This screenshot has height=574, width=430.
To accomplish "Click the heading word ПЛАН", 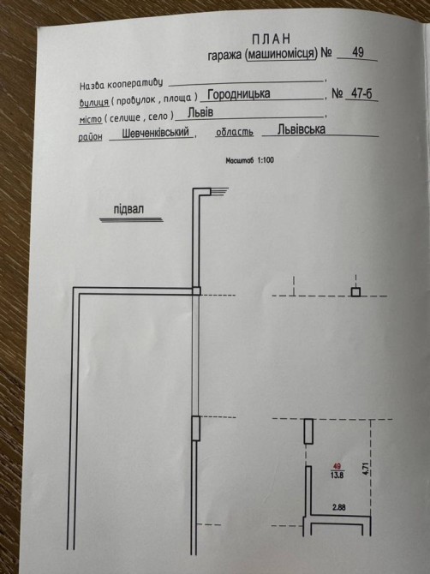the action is point(272,39).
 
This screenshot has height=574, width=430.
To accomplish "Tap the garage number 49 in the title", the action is point(358,52).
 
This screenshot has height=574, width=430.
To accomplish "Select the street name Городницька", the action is point(239,94).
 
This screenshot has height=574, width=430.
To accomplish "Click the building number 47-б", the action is point(361,93).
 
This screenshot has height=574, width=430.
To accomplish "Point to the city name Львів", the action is point(200,112).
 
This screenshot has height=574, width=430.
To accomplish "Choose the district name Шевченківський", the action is point(155,133).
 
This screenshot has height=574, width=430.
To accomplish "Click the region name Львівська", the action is point(302,129).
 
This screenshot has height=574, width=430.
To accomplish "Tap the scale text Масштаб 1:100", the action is point(249,160).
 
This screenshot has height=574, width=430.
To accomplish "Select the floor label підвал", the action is point(128,210).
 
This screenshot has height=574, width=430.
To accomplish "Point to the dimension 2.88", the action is point(339,507).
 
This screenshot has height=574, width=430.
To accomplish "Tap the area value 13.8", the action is point(337,475).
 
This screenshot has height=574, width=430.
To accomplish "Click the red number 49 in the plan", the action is point(337,466).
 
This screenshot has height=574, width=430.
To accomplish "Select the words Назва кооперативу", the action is point(121,84).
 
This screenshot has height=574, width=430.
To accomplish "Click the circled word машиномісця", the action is point(282,54).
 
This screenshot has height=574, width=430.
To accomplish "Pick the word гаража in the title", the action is point(224,56).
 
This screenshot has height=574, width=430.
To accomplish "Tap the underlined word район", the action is point(90,136).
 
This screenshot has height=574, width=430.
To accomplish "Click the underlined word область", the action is point(235,132).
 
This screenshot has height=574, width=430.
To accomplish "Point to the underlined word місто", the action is point(90,119).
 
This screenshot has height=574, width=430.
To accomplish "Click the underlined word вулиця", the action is point(94,102).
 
